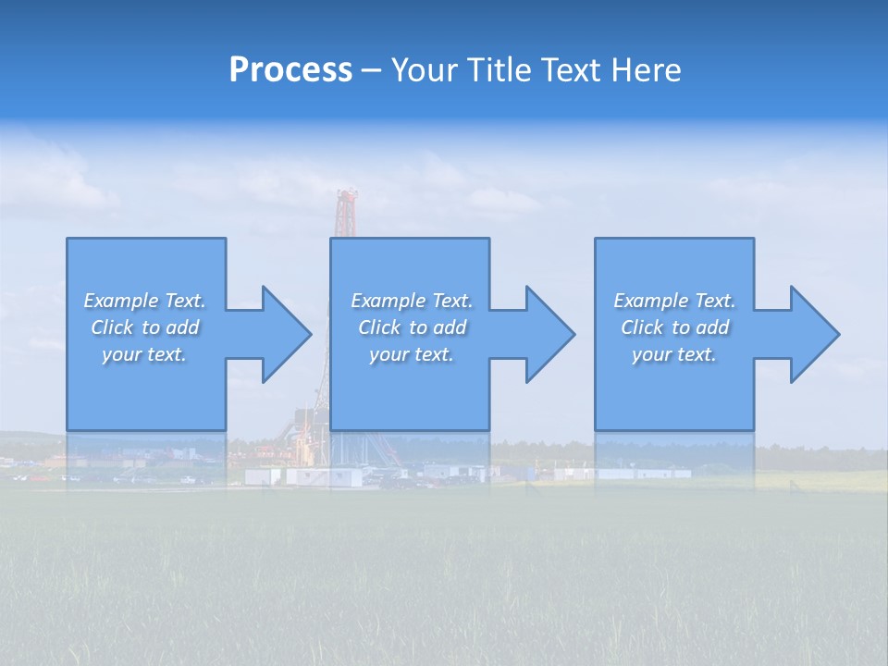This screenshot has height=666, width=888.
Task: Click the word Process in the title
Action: pos(290,70)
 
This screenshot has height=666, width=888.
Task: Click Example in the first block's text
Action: pos(121,301)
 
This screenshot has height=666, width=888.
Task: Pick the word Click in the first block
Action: pos(112,327)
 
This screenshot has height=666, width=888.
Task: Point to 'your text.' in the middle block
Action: pos(411,354)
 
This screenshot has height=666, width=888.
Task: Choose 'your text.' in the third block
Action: pos(674,354)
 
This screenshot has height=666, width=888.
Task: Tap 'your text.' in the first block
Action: pos(144,354)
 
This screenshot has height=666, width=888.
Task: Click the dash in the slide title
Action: pos(371,70)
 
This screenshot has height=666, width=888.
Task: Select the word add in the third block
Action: pos(712,327)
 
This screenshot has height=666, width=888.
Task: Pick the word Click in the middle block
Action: pos(379,327)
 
